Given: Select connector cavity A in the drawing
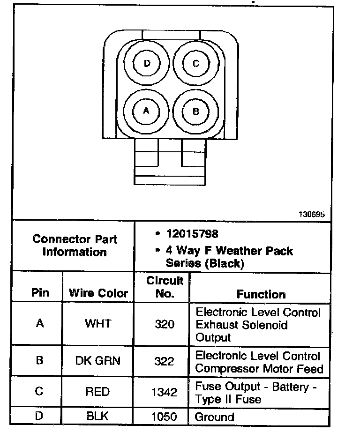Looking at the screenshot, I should point(146,111).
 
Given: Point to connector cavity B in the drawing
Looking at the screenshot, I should point(196,111).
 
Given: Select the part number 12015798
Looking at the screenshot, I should point(192,233).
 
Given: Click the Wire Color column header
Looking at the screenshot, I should point(98,293).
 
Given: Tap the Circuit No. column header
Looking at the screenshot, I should point(165,287).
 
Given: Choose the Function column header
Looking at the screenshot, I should point(261,294).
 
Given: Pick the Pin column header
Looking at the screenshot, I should point(40,293).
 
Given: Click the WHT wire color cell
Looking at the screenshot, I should point(98,324).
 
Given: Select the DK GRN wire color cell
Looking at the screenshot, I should point(98,361).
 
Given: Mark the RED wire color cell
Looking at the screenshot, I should point(97,392).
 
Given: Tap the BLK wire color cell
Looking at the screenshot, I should point(97,416).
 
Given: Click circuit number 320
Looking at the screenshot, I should point(164,324).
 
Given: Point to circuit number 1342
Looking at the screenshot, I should point(164,392).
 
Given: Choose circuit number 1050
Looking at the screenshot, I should point(164,416).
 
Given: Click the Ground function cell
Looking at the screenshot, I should point(214,417).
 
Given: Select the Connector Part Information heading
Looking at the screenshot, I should point(75,245).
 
